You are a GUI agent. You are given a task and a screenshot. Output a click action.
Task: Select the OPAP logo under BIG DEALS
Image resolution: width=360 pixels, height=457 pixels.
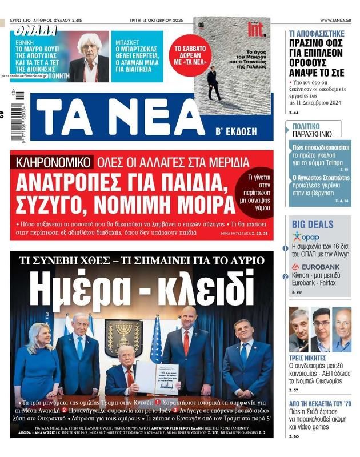click(306, 236)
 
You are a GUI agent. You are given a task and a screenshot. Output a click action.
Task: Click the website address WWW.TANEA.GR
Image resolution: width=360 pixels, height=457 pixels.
click(335, 20)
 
